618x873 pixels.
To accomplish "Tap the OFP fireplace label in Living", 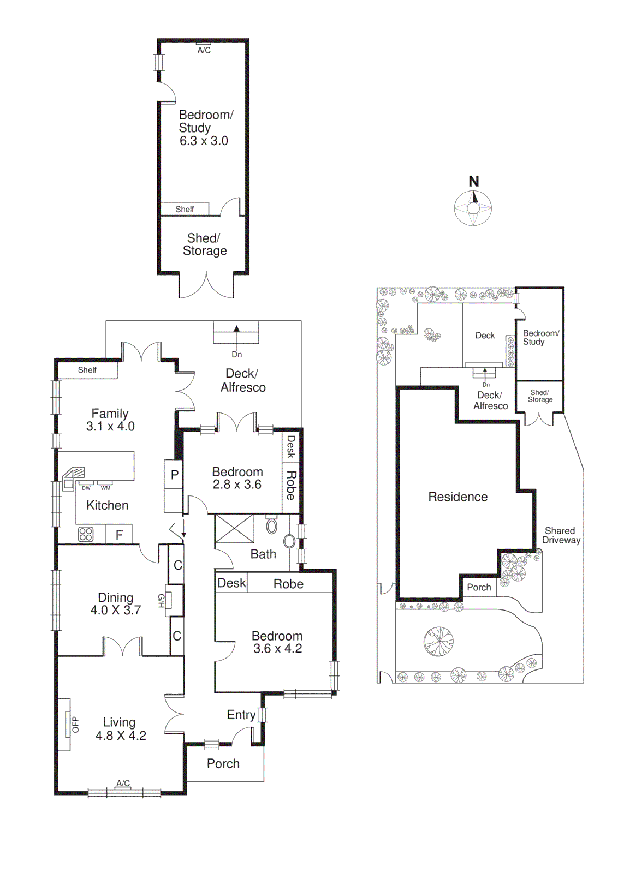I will click(75, 724).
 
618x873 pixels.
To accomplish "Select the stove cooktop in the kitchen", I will click(86, 534).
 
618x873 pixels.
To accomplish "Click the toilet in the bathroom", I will click(271, 525).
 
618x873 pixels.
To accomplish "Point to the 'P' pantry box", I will click(174, 475).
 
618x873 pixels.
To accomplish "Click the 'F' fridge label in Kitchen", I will click(119, 535).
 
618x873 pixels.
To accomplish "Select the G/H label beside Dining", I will click(161, 601).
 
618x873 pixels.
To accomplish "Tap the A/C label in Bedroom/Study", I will click(204, 50).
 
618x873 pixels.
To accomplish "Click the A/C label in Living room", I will click(123, 784).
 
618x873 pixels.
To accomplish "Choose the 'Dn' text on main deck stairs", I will click(236, 355).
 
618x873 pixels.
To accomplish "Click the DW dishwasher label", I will click(86, 488).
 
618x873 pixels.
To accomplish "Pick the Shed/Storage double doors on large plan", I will click(206, 285).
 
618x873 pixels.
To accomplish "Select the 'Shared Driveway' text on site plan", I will click(561, 535).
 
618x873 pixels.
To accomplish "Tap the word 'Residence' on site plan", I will click(457, 497).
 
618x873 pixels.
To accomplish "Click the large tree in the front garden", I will click(438, 641).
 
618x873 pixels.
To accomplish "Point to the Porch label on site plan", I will click(479, 587).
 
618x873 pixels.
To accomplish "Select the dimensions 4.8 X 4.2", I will click(121, 736).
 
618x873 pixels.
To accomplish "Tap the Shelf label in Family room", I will click(87, 370).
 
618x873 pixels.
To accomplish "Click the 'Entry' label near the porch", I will click(241, 715).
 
